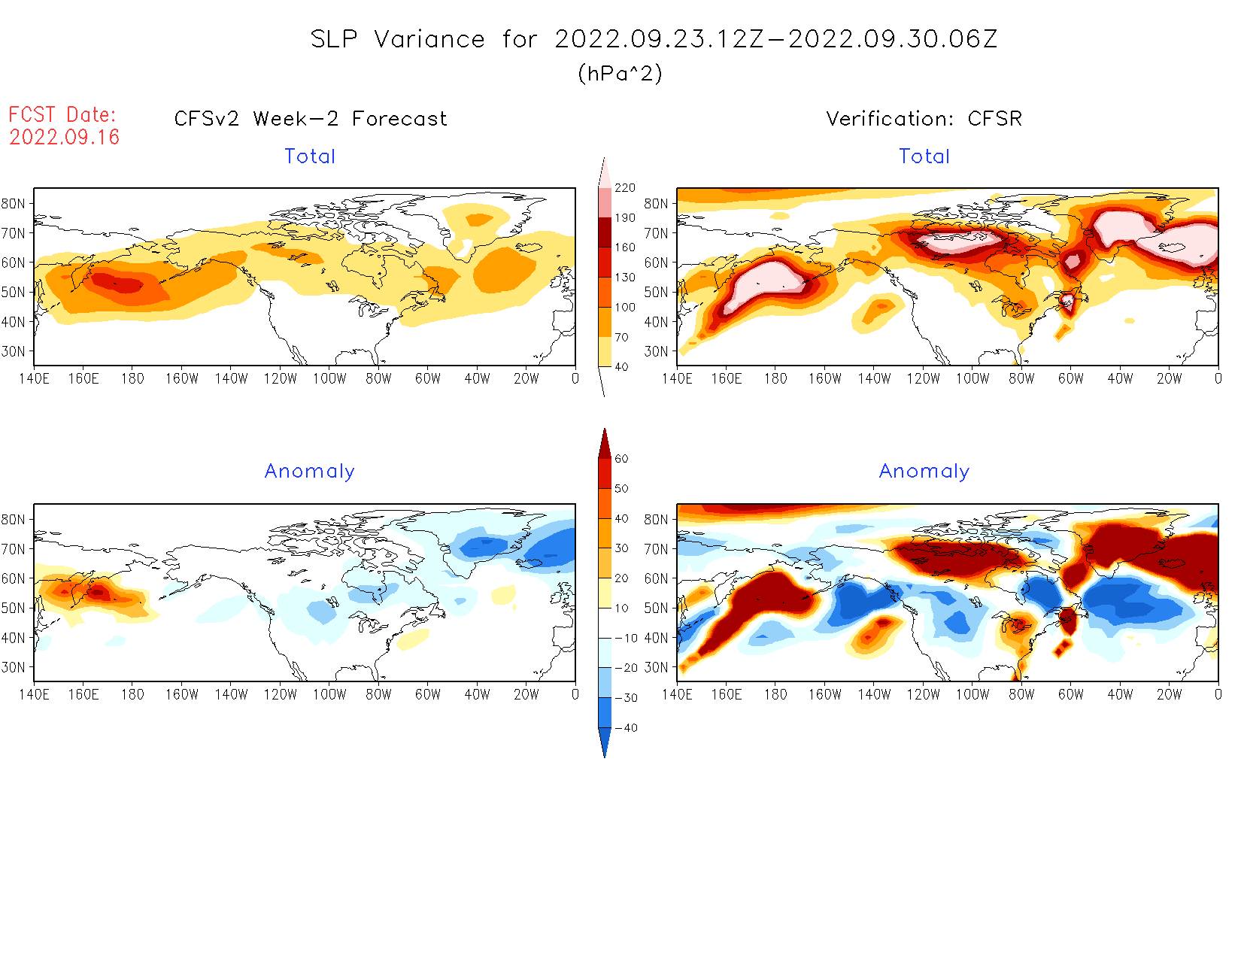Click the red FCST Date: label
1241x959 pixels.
coord(62,115)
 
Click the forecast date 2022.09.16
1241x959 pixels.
coord(65,138)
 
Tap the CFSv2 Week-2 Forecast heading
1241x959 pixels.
coord(311,119)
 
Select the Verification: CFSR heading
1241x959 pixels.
coord(924,119)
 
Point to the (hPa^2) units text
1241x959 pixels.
coord(620,74)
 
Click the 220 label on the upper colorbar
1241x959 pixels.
coord(625,188)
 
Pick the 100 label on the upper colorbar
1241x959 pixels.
coord(625,308)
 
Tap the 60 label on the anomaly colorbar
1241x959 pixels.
coord(621,459)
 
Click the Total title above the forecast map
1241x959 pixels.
coord(310,156)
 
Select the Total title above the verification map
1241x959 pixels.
coord(924,156)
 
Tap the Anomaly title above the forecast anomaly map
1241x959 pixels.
coord(310,472)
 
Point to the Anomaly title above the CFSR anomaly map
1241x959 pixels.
coord(924,472)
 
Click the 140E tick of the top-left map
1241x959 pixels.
coord(34,379)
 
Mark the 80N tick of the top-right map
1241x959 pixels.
coord(656,204)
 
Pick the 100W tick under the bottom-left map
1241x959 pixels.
coord(329,695)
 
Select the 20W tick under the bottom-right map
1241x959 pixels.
coord(1169,695)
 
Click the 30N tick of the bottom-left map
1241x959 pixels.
coord(13,668)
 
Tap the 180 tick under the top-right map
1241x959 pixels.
coord(775,379)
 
